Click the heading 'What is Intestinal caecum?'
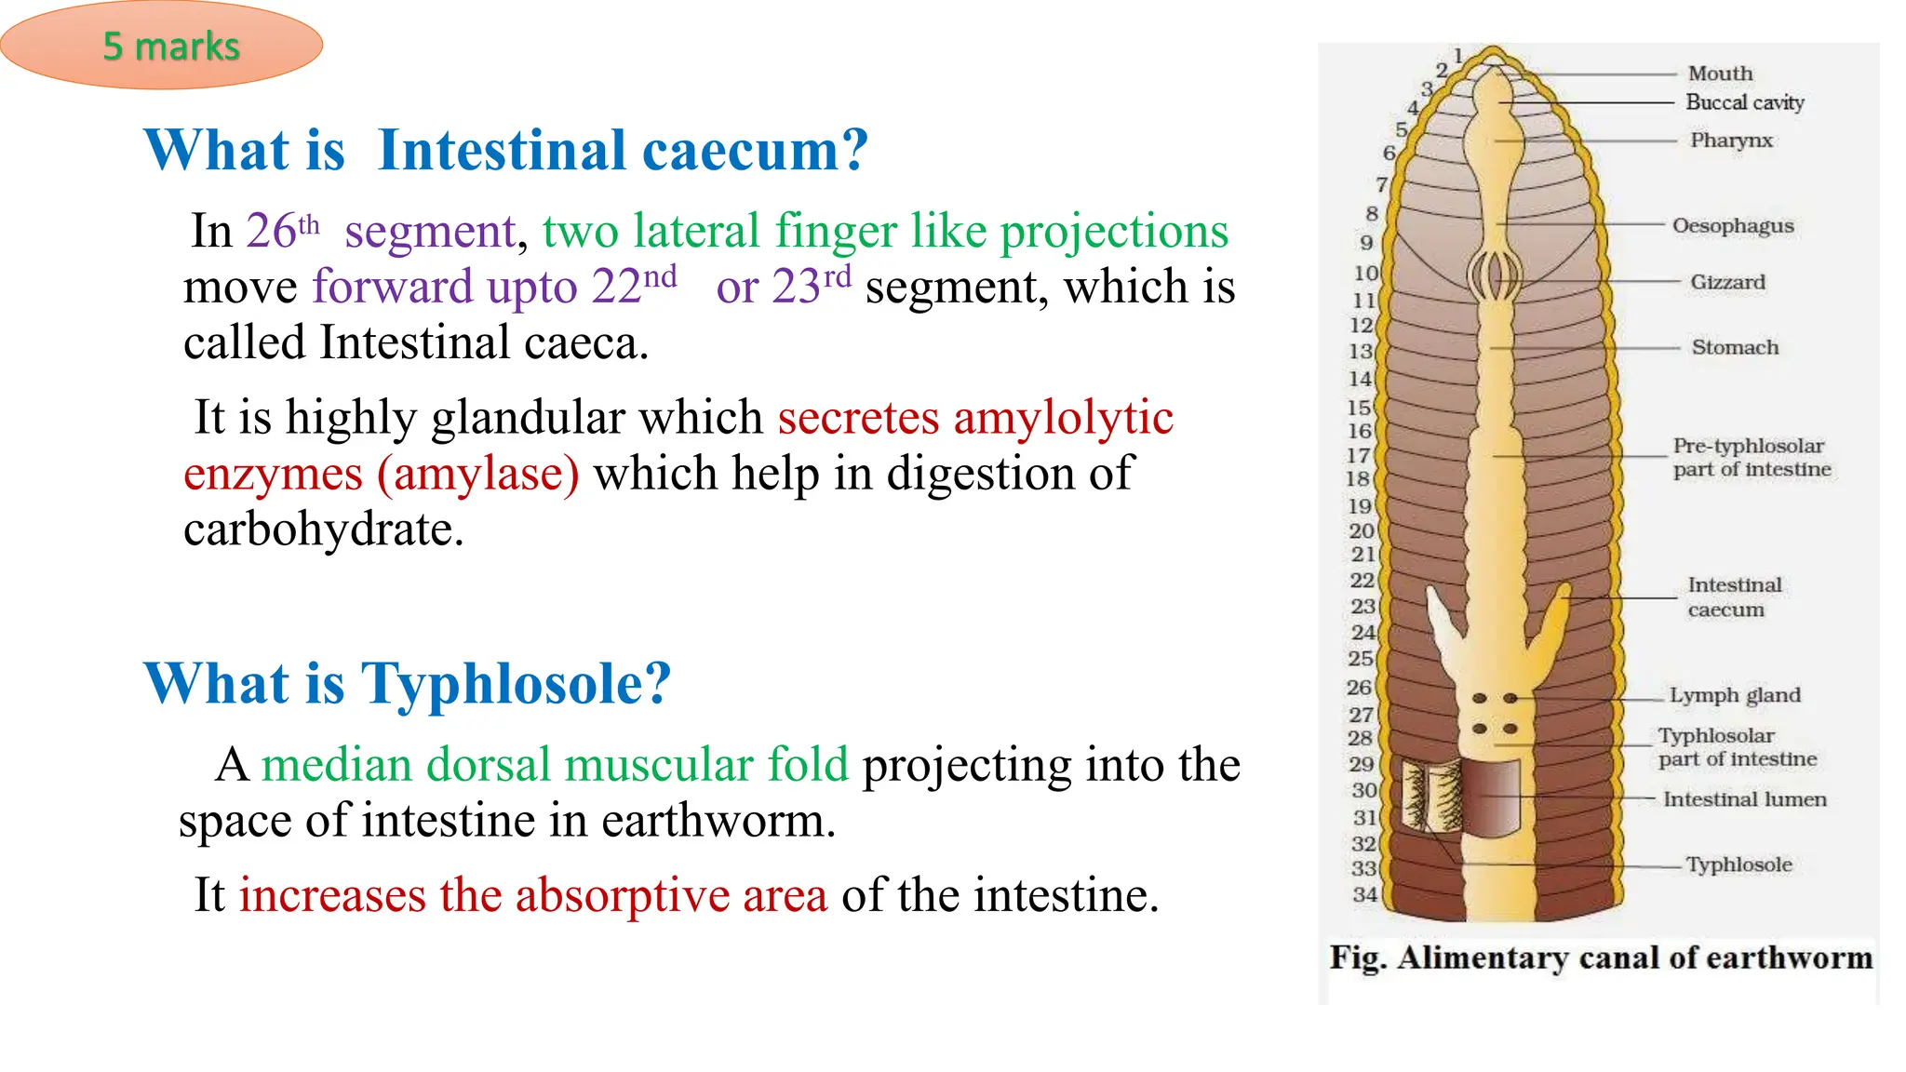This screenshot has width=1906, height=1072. click(x=505, y=150)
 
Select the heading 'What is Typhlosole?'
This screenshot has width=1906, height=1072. click(x=407, y=684)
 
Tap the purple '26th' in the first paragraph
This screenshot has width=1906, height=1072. click(x=282, y=230)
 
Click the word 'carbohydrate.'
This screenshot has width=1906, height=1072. click(x=323, y=529)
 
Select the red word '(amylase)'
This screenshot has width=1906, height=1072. click(x=477, y=474)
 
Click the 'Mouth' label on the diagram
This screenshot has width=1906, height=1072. click(x=1720, y=74)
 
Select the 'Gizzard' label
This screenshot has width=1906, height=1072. click(x=1727, y=282)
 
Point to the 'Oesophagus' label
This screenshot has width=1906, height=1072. click(x=1732, y=226)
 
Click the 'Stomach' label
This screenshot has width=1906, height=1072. click(x=1735, y=347)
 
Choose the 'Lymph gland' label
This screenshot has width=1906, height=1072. click(x=1734, y=695)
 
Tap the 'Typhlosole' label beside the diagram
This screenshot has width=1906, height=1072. click(x=1738, y=864)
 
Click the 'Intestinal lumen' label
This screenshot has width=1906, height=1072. click(x=1744, y=799)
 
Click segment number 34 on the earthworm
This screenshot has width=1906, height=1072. click(x=1364, y=894)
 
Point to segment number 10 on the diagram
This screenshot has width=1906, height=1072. click(x=1365, y=274)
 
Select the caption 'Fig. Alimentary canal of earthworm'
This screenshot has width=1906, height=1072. click(x=1600, y=958)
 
